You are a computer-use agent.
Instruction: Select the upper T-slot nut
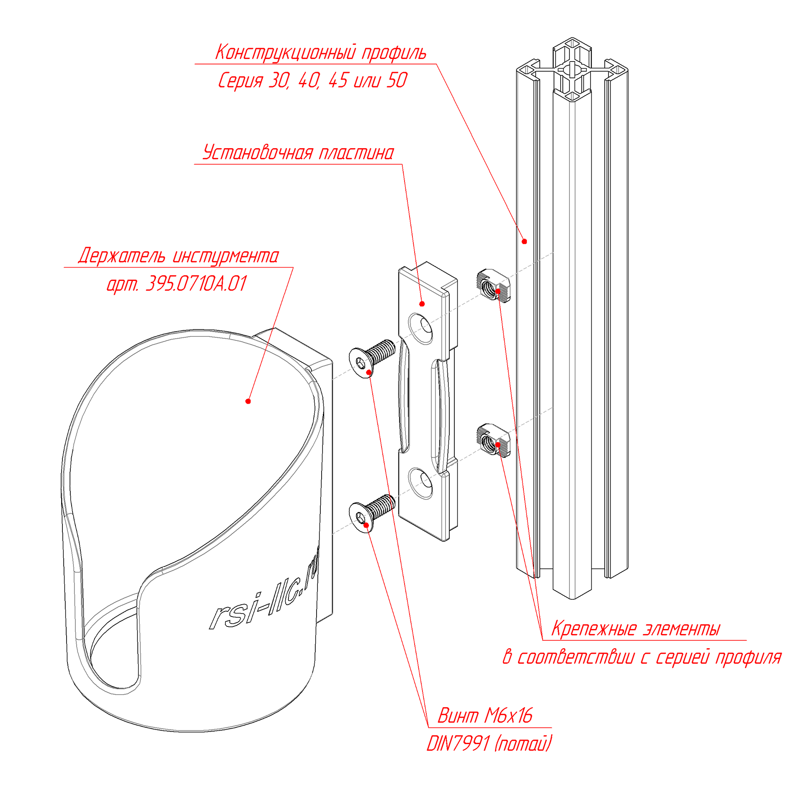point(493,286)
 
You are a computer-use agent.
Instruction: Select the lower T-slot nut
point(493,441)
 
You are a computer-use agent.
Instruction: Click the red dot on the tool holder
point(248,401)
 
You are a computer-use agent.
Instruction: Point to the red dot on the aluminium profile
point(524,241)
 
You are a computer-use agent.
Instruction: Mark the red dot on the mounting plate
point(422,304)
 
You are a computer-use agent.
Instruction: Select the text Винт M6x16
point(484,716)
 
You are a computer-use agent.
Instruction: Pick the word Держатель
point(121,256)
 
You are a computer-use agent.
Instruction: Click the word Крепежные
point(594,629)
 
